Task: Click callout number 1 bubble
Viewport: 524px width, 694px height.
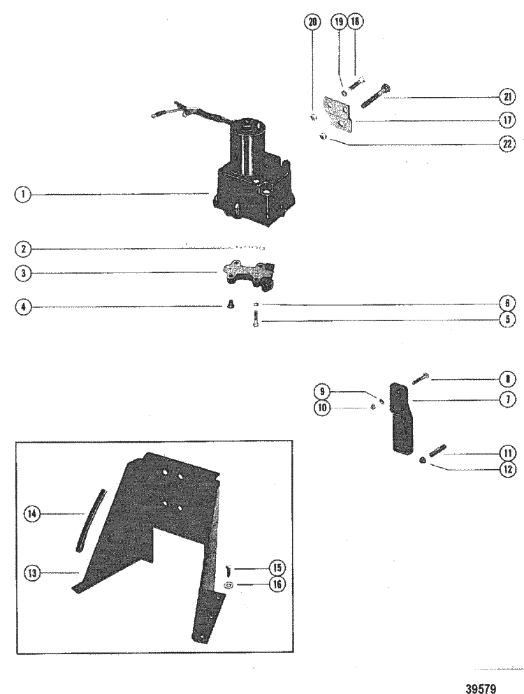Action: tap(23, 195)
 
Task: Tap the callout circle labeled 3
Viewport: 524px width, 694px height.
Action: tap(23, 273)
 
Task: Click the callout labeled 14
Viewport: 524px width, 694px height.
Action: tap(31, 515)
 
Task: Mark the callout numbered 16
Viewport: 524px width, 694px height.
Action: tap(277, 584)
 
